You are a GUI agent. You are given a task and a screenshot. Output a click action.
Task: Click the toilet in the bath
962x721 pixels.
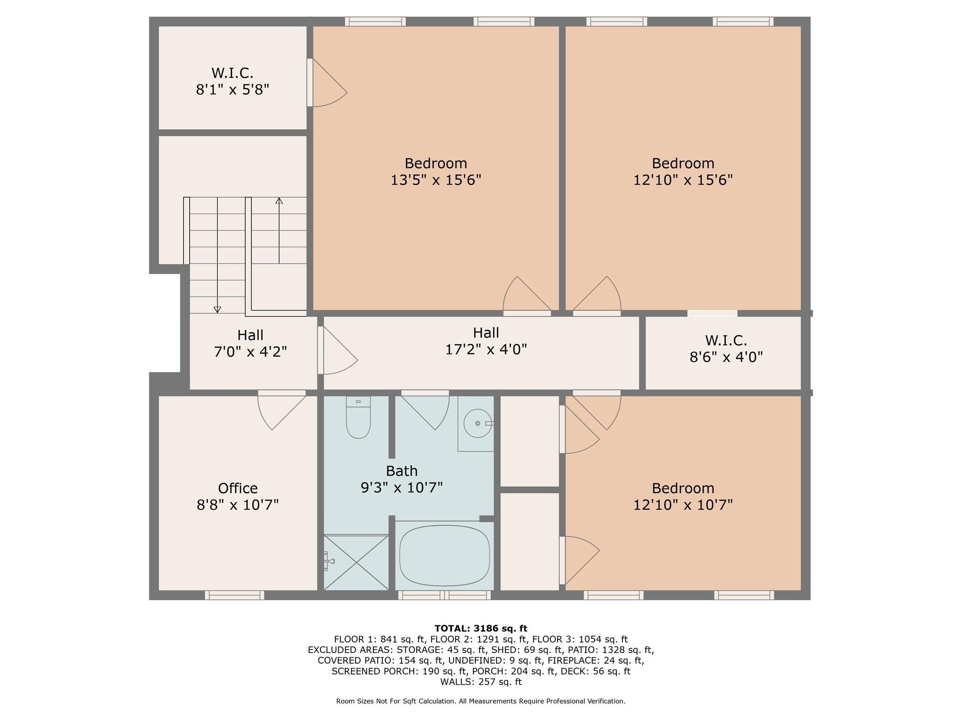358,417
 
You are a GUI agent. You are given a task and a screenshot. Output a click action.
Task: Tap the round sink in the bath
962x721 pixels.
478,423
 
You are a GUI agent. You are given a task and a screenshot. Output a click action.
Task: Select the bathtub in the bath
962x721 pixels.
444,555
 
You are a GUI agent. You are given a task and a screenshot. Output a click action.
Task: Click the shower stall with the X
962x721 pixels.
356,562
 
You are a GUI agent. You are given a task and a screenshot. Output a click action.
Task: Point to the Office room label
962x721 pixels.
238,488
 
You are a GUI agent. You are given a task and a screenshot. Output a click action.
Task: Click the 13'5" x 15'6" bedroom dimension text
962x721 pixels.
436,180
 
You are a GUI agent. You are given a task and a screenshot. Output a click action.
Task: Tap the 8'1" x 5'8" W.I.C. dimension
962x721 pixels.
233,90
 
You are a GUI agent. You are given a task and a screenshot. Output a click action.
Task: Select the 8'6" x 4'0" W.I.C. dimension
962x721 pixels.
726,357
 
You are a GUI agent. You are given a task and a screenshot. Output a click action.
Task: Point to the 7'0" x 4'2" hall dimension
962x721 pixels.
250,352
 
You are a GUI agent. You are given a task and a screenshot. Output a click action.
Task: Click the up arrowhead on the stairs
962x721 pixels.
279,201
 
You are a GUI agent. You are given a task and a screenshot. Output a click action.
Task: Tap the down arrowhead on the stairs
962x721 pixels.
217,309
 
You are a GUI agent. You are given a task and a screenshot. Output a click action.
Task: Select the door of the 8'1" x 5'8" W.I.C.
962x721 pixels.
327,83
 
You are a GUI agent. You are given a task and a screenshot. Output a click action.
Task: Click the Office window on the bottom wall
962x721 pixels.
234,595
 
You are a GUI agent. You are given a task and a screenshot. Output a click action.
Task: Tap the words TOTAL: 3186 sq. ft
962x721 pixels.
481,629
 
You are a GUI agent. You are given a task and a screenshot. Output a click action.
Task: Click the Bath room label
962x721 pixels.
402,471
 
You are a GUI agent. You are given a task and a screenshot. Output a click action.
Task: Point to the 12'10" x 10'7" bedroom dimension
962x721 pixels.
683,505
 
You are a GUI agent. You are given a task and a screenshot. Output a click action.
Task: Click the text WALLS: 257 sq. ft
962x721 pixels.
481,682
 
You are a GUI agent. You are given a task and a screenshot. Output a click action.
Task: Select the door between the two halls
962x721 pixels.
337,350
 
